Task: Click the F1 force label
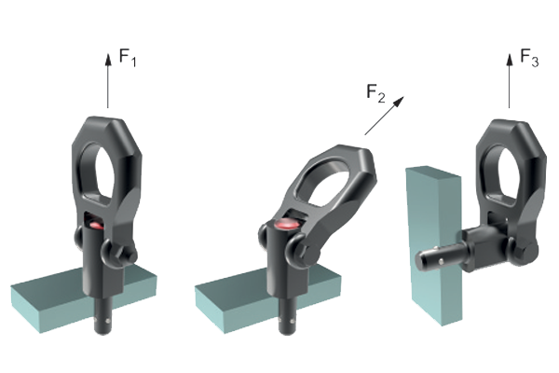pos(128,58)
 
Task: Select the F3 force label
pos(529,58)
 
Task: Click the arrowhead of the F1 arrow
pos(108,60)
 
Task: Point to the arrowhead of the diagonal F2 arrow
pos(399,102)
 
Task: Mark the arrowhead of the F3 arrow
pos(510,60)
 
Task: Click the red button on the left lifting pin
pos(96,226)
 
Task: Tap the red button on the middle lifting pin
pos(288,225)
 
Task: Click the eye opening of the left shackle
pos(98,173)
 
